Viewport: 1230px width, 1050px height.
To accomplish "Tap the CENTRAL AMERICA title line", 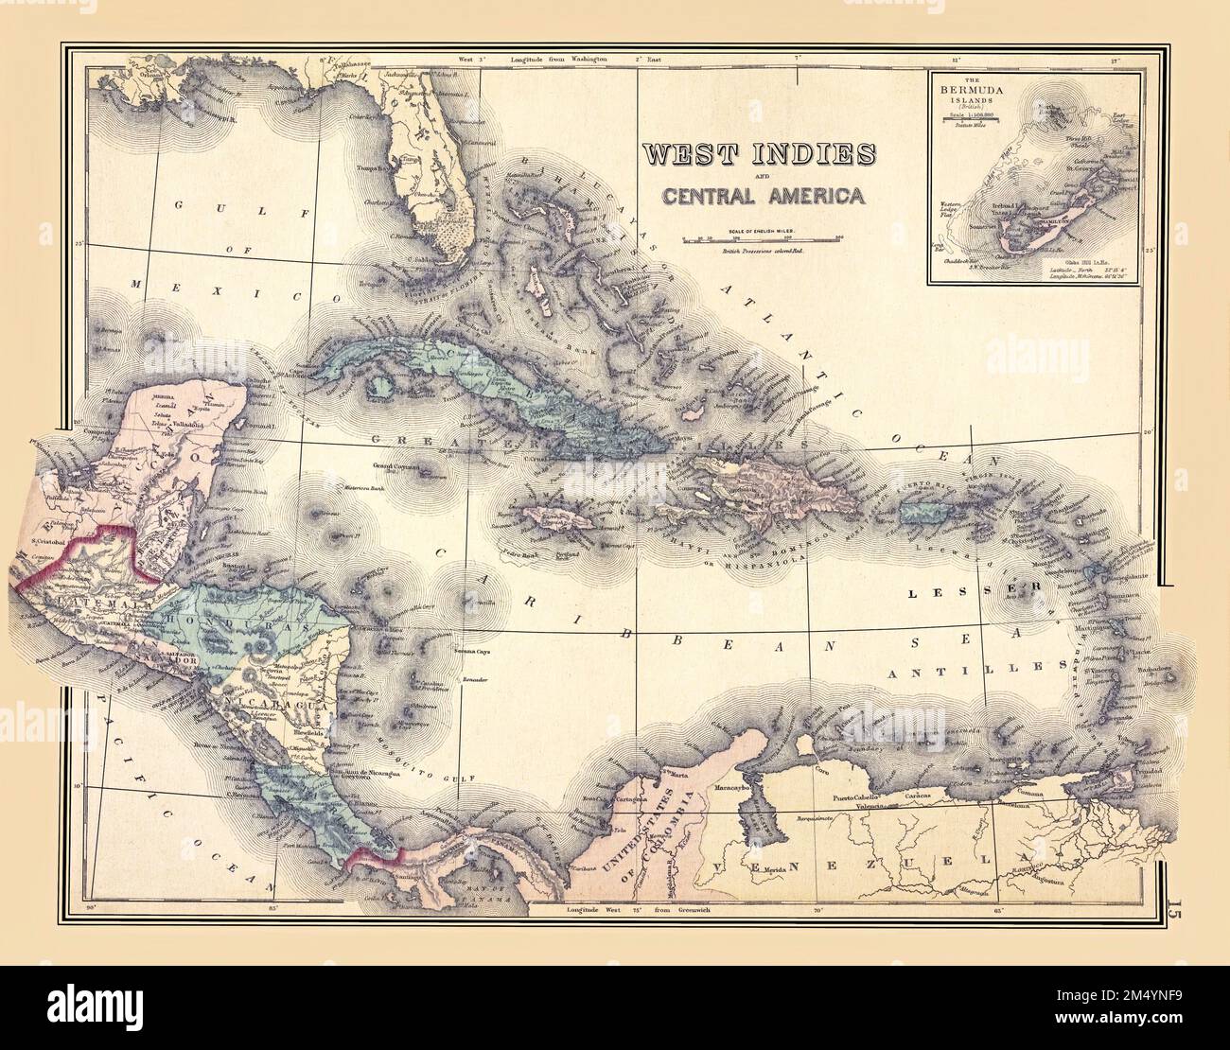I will click(x=762, y=197).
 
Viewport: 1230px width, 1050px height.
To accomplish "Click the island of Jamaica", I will click(x=559, y=519).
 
